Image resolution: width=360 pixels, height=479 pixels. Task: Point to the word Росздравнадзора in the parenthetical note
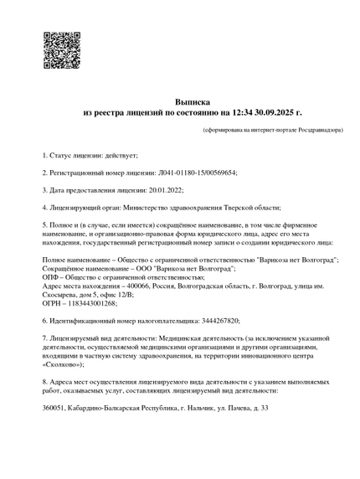click(295, 131)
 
